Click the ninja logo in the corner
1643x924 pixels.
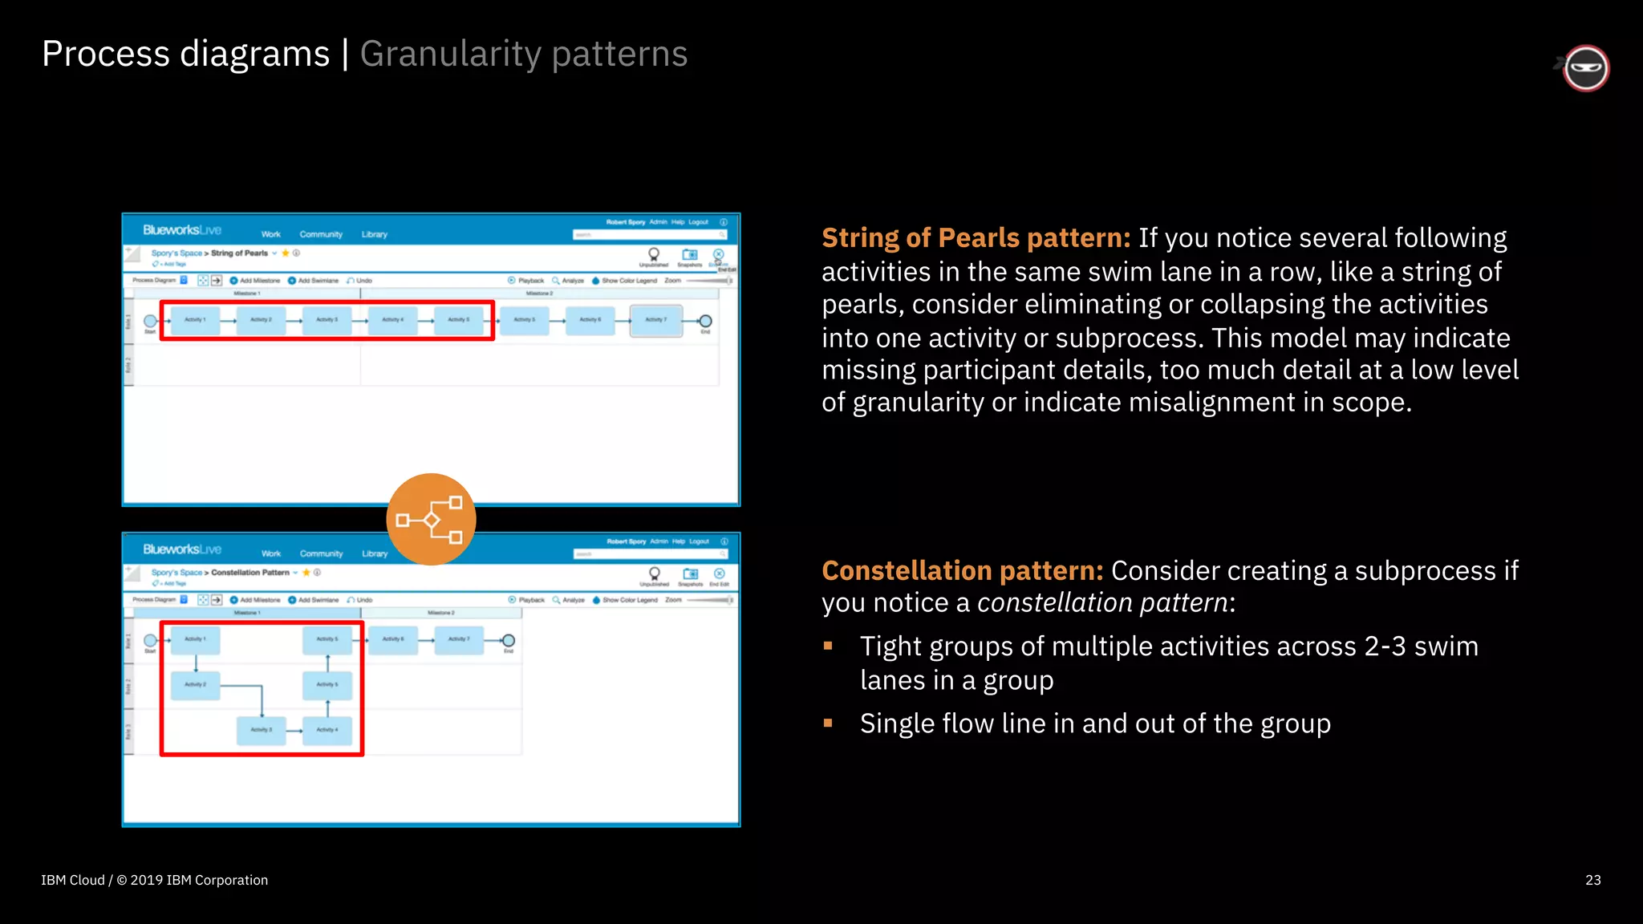click(1585, 68)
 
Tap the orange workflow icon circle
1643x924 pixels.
click(432, 519)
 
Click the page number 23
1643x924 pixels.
click(1593, 880)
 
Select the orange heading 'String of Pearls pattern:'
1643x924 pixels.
click(976, 238)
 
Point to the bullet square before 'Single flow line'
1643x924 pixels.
click(828, 723)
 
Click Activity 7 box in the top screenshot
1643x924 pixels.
click(656, 320)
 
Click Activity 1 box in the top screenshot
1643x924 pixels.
click(195, 320)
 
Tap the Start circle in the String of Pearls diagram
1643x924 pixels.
click(150, 321)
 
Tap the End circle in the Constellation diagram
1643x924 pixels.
click(508, 640)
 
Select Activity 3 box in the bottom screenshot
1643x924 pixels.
click(262, 730)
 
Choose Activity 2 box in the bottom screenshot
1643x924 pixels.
click(196, 685)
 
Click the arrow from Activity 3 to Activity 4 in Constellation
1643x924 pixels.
click(294, 731)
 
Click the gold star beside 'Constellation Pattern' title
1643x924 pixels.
click(306, 573)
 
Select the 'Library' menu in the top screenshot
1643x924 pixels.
click(374, 234)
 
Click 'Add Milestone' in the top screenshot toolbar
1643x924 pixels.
click(259, 281)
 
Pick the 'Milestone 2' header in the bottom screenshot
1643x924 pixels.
click(440, 613)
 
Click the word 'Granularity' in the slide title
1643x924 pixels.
click(450, 55)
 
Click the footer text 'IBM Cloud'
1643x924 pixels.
click(72, 880)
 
